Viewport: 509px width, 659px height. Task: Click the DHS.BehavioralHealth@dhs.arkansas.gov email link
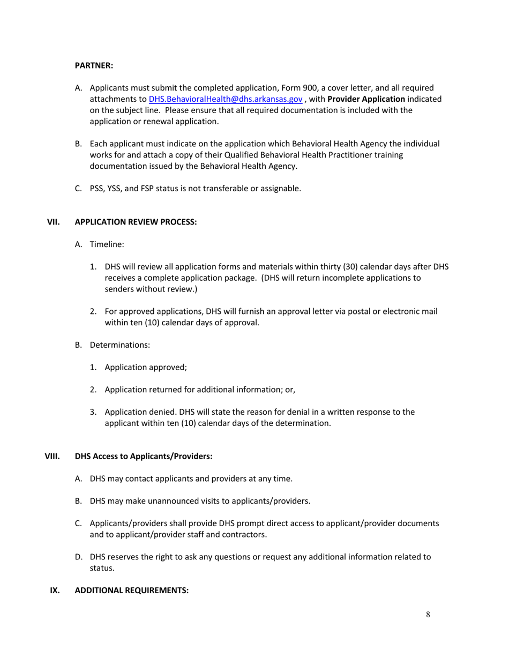pos(225,99)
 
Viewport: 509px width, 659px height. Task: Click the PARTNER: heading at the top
pos(94,65)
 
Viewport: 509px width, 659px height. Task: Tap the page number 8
pos(428,615)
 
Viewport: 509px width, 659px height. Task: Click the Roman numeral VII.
pos(54,222)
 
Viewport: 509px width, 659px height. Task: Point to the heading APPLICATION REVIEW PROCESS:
pos(136,222)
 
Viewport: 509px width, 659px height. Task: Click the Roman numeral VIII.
pos(52,456)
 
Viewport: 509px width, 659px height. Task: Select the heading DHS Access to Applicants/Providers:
pos(144,456)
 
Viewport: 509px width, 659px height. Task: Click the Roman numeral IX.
pos(54,590)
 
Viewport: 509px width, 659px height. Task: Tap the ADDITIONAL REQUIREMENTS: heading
pos(131,590)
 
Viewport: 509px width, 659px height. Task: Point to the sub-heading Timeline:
pos(107,244)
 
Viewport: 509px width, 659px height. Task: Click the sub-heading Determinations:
pos(119,345)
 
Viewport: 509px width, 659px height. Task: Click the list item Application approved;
pos(146,368)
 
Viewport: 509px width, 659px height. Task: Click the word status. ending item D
pos(102,568)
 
